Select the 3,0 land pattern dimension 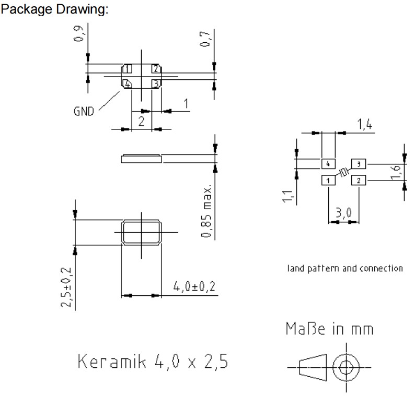[343, 212]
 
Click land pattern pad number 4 [328, 164]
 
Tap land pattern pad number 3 [359, 164]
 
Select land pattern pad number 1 [328, 181]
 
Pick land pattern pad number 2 [359, 181]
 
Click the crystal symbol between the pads [343, 173]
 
